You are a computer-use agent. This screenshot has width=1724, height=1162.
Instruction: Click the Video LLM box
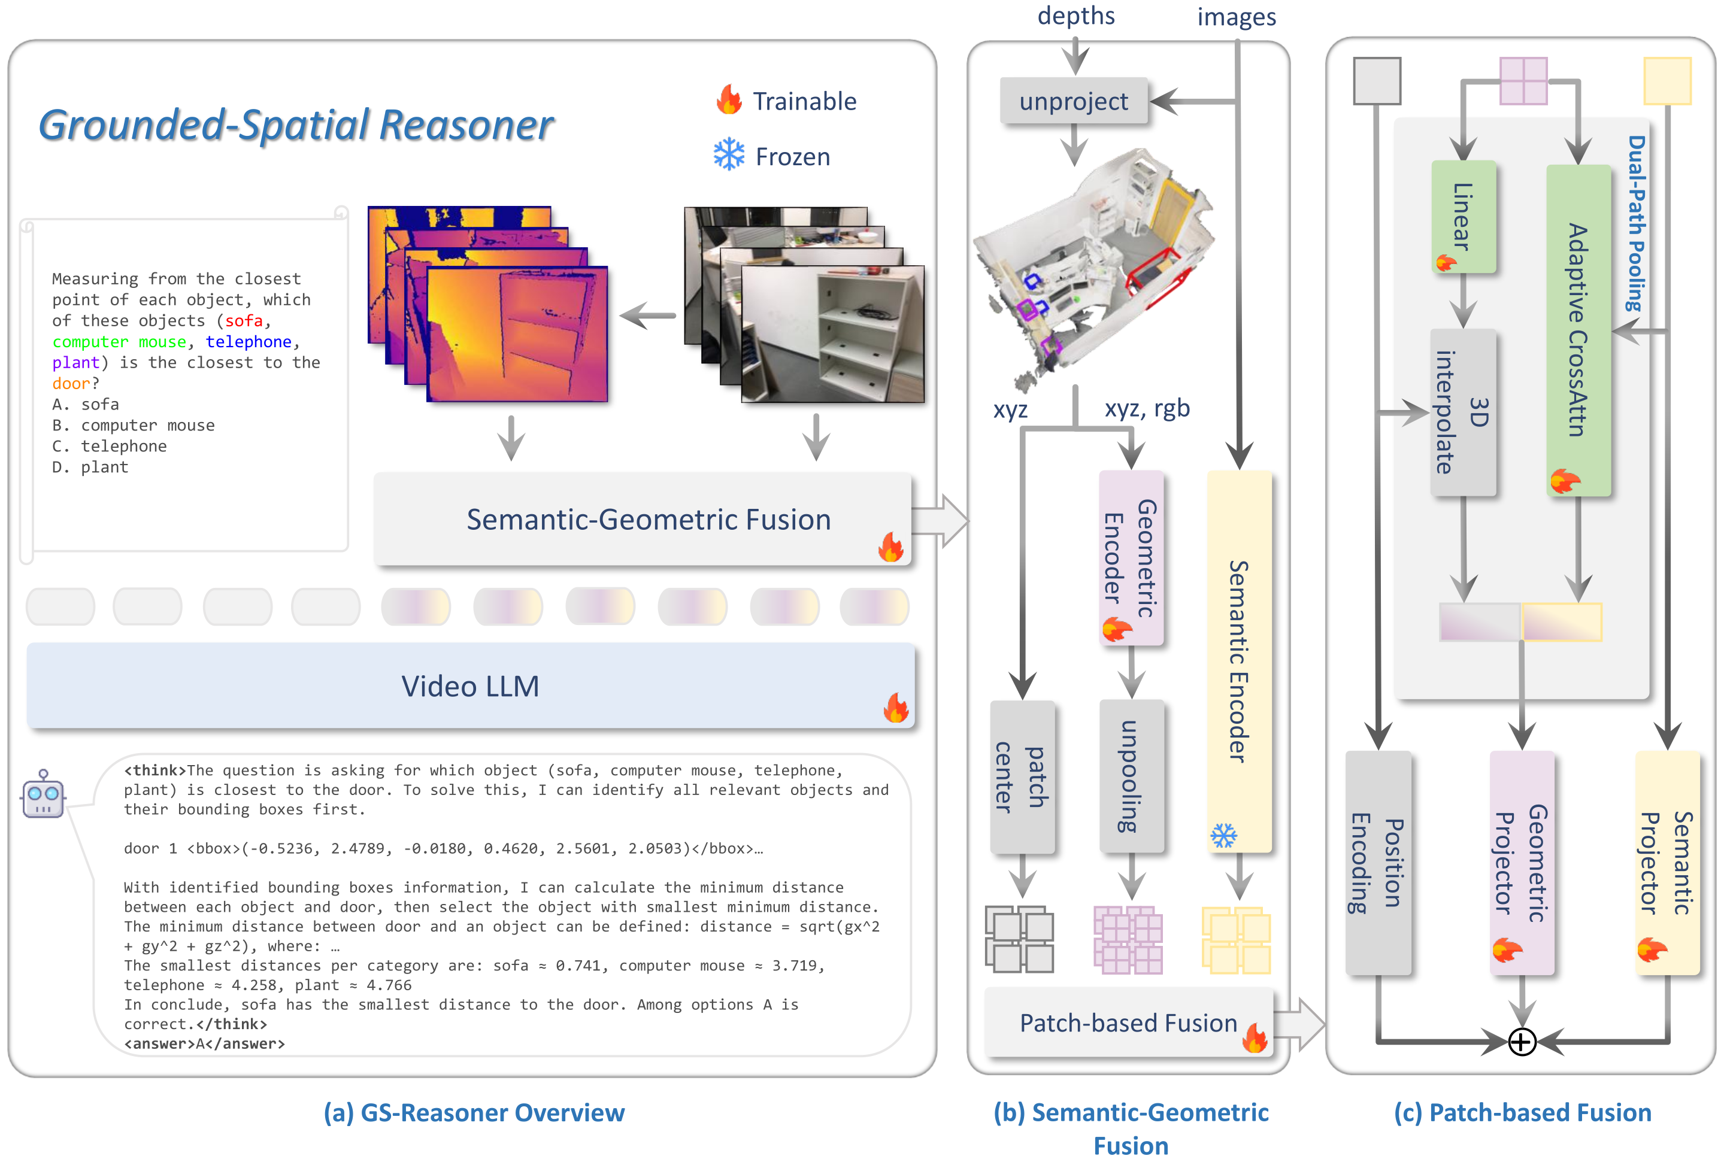pyautogui.click(x=470, y=686)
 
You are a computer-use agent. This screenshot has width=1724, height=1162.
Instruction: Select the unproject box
pyautogui.click(x=1073, y=101)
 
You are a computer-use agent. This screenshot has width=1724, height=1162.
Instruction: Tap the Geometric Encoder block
pyautogui.click(x=1131, y=557)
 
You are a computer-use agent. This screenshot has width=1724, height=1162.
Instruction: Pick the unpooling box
pyautogui.click(x=1131, y=776)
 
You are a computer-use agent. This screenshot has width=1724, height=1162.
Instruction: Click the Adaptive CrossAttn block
pyautogui.click(x=1578, y=330)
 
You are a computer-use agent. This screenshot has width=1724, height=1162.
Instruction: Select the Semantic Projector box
pyautogui.click(x=1667, y=863)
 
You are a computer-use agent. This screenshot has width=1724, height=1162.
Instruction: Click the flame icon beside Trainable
pyautogui.click(x=729, y=99)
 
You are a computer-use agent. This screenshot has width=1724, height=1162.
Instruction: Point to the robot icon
pyautogui.click(x=43, y=794)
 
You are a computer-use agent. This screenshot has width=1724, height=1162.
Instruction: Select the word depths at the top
pyautogui.click(x=1075, y=16)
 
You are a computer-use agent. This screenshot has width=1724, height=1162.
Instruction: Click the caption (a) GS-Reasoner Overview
pyautogui.click(x=474, y=1112)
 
